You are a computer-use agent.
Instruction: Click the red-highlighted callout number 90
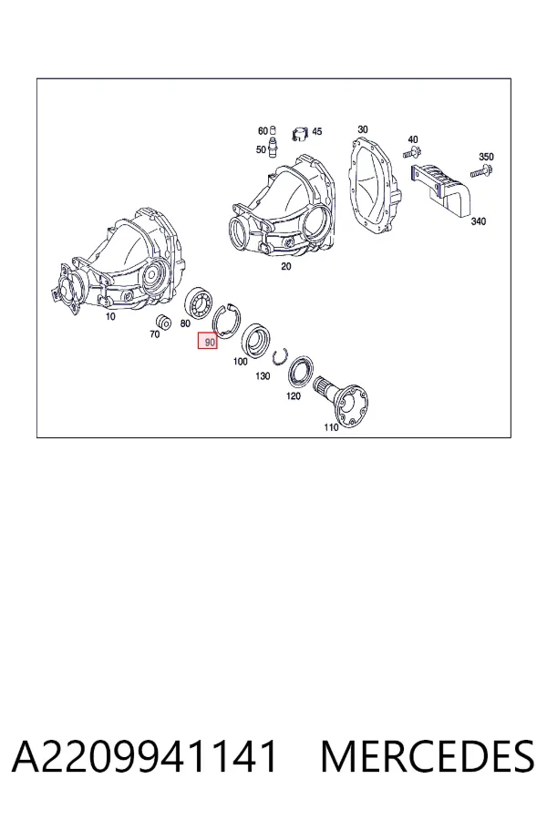pyautogui.click(x=210, y=342)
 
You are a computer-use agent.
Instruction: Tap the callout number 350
pyautogui.click(x=486, y=157)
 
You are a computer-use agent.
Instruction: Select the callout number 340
pyautogui.click(x=478, y=221)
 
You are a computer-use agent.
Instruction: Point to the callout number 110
pyautogui.click(x=331, y=427)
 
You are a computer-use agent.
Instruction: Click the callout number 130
pyautogui.click(x=263, y=376)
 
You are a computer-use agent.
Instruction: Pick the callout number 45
pyautogui.click(x=316, y=131)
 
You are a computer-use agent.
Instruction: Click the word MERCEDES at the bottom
pyautogui.click(x=428, y=756)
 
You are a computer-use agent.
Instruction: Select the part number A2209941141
pyautogui.click(x=144, y=756)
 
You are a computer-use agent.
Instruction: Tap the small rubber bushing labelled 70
pyautogui.click(x=164, y=322)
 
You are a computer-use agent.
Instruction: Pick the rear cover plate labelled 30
pyautogui.click(x=375, y=186)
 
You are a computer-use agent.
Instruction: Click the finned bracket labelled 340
pyautogui.click(x=440, y=190)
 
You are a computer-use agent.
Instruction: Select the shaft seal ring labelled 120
pyautogui.click(x=302, y=371)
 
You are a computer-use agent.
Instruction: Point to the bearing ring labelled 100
pyautogui.click(x=255, y=340)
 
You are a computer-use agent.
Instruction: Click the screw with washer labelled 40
pyautogui.click(x=412, y=152)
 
